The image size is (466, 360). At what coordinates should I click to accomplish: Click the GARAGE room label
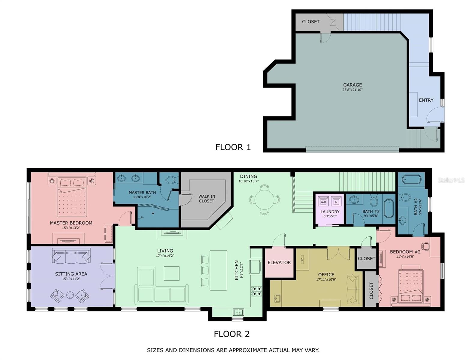pos(353,85)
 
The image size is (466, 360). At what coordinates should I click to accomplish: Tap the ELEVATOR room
pos(279,262)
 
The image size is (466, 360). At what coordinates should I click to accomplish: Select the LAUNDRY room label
pos(330,212)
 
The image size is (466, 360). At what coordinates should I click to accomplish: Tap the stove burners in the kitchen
pos(256,291)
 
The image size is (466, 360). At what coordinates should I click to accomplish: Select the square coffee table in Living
pos(171,273)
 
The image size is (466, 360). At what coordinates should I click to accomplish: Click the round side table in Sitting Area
pos(70,295)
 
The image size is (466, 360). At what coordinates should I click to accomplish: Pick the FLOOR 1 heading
pos(233,147)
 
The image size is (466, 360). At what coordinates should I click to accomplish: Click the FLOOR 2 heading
pos(231,334)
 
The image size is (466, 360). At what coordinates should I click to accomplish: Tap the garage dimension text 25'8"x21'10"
pos(353,90)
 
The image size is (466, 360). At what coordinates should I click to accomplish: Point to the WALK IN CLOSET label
pos(206,199)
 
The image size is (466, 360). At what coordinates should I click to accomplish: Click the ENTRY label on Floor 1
pos(426,100)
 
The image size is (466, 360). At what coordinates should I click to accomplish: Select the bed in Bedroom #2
pos(410,286)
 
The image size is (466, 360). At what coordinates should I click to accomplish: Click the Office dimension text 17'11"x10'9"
pos(326,280)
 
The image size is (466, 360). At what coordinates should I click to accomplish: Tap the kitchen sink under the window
pos(238,312)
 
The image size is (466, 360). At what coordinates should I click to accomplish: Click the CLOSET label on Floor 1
pos(310,22)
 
